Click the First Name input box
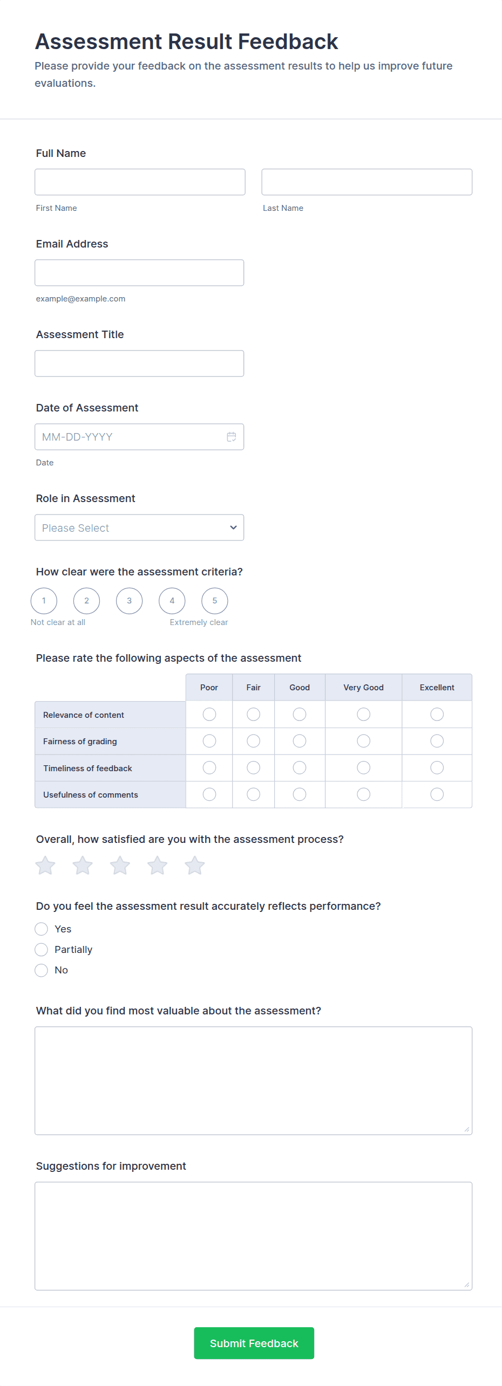tap(140, 182)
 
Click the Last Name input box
tap(367, 182)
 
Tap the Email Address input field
tap(139, 272)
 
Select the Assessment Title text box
tap(139, 363)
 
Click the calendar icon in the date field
tap(232, 437)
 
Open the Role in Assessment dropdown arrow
tap(233, 527)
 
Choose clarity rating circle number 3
tap(129, 601)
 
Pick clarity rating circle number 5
tap(214, 601)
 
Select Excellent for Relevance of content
tap(437, 715)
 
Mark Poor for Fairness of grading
tap(209, 741)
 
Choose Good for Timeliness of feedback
tap(300, 767)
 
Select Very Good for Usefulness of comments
tap(363, 794)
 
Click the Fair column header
tap(253, 688)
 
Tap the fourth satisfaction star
tap(157, 866)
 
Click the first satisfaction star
tap(45, 866)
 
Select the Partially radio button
tap(42, 950)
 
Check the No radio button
tap(42, 970)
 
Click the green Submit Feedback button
tap(254, 1343)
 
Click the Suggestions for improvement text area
tap(253, 1236)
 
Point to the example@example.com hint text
tap(80, 299)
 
